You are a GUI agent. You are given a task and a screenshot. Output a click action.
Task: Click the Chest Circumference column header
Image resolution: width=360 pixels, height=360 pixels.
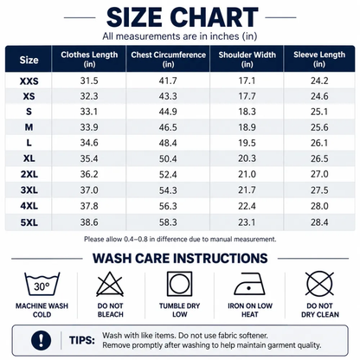coord(168,59)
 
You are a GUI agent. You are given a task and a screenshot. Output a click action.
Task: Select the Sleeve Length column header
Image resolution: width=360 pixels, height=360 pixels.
coord(319,59)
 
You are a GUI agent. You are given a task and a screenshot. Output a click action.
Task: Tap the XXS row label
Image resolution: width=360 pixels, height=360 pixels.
coord(29,81)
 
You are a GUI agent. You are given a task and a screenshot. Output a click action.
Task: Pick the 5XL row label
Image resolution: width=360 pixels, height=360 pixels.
coord(29,222)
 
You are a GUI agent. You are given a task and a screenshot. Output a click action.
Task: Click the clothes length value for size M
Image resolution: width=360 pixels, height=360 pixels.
coord(89,127)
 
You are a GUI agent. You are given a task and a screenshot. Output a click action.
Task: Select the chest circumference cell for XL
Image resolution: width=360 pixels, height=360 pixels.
coord(168,158)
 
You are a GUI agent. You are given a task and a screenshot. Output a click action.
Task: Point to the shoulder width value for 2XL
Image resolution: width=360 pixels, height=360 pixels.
coord(247,174)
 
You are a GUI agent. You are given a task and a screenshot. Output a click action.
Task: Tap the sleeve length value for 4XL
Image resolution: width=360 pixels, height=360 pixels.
coord(319,206)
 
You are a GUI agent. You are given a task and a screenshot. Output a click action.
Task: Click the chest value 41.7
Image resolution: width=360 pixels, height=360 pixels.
coord(168,80)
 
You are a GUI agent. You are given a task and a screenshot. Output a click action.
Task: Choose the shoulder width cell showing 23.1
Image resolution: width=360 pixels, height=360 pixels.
coord(247,222)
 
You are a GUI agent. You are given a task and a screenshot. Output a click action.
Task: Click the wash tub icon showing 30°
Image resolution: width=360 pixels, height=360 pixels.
coord(42,284)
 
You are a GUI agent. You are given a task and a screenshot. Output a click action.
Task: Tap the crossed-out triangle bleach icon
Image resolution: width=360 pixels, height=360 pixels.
coord(110,284)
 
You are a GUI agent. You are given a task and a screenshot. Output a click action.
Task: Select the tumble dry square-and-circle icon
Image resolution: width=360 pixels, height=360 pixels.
coord(179,284)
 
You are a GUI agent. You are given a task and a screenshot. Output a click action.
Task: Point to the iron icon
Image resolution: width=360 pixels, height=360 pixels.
coord(250,284)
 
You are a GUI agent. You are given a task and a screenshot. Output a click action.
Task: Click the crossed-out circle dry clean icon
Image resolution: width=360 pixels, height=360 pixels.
coord(319,284)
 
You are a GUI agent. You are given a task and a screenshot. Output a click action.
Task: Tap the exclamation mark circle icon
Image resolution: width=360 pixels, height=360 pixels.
coord(42,340)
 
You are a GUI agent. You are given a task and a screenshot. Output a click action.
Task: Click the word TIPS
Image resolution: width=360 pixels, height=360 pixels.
coord(82,340)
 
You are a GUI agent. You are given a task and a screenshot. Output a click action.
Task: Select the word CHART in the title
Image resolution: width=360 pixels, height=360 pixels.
coord(216,17)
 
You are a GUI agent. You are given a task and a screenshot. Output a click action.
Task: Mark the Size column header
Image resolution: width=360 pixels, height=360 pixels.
coord(29,60)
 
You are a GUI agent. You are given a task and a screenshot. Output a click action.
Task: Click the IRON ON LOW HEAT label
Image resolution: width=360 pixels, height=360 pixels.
coord(250,310)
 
